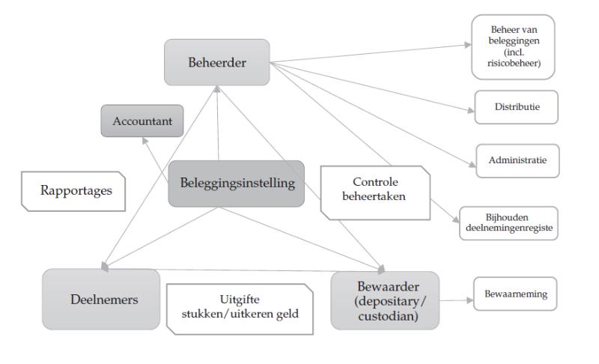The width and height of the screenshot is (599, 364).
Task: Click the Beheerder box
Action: coord(217,62)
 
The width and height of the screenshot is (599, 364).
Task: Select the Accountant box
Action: coord(142,121)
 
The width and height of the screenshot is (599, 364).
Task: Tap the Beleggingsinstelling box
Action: coord(237,183)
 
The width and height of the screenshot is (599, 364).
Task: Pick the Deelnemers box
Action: coord(101,299)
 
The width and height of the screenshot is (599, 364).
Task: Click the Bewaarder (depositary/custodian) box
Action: coord(385,300)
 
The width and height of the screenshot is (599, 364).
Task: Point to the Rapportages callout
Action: coord(73,191)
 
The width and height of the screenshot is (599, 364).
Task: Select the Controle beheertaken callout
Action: coord(376,193)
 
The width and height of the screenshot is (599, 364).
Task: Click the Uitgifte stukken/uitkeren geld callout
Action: coord(240,309)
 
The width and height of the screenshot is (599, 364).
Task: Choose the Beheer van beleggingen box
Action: coord(513,47)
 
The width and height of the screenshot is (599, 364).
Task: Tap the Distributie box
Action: coord(516,107)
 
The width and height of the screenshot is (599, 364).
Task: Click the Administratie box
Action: coord(517,161)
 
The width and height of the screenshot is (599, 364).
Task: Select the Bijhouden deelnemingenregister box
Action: coord(508,223)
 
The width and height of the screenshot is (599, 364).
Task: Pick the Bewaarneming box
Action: coord(515,294)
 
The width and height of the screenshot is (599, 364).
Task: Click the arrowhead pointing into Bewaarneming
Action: coord(470,300)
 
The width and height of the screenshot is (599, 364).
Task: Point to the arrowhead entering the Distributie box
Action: coord(472,110)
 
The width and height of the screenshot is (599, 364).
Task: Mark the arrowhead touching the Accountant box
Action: coord(145,141)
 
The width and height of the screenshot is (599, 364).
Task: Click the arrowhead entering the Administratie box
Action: coord(472,165)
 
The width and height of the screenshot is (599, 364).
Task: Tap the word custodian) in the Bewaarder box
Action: coord(388,316)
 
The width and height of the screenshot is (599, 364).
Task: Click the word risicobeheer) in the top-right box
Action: coord(514,63)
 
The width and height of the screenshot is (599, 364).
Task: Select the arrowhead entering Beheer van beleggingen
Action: coord(468,45)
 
